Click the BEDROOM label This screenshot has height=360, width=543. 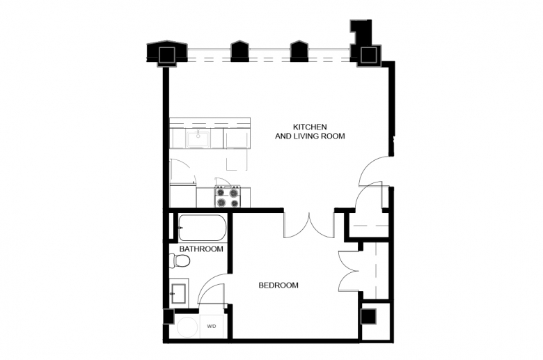pyautogui.click(x=278, y=285)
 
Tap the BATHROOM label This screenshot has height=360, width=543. pyautogui.click(x=201, y=249)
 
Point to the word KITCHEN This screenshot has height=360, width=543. pyautogui.click(x=310, y=127)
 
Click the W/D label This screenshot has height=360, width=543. pyautogui.click(x=212, y=327)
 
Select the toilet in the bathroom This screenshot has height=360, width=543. pyautogui.click(x=180, y=260)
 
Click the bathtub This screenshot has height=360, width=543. pyautogui.click(x=203, y=228)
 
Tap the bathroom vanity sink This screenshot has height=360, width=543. pyautogui.click(x=178, y=293)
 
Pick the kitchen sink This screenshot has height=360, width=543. pyautogui.click(x=198, y=139)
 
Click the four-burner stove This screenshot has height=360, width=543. pyautogui.click(x=228, y=196)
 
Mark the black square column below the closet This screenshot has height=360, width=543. pyautogui.click(x=368, y=316)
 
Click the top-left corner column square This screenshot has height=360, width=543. pyautogui.click(x=167, y=55)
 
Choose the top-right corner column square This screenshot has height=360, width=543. pyautogui.click(x=368, y=55)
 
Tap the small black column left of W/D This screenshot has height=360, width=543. pyautogui.click(x=168, y=316)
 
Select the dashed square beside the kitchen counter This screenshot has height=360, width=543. pyautogui.click(x=237, y=159)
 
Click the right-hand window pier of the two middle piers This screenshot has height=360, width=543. pyautogui.click(x=299, y=52)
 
